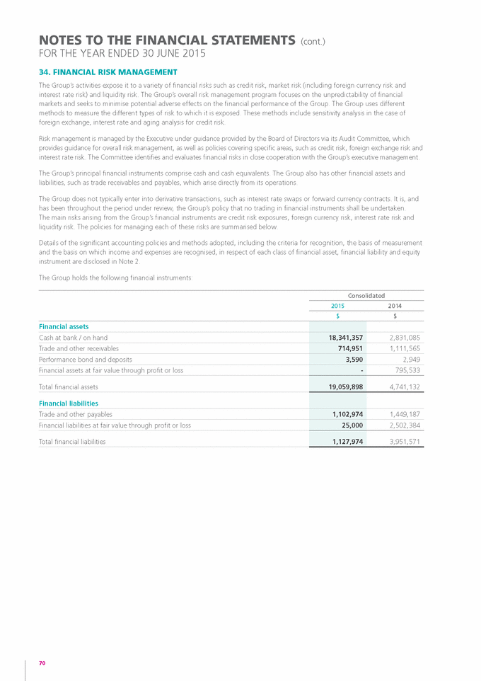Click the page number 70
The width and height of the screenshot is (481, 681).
tap(42, 663)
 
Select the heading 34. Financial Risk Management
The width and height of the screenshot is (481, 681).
tap(108, 72)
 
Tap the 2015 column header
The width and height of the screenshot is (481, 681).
tap(338, 306)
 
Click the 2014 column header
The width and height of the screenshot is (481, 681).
tap(395, 306)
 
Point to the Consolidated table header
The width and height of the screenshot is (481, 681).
tap(366, 295)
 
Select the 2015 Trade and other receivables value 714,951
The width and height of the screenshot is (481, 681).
tap(347, 348)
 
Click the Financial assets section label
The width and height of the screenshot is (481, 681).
tap(64, 326)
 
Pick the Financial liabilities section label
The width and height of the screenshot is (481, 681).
tap(69, 403)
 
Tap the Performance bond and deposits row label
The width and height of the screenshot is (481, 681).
tap(82, 359)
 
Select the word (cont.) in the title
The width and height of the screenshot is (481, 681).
tap(313, 42)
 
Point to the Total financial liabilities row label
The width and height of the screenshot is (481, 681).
tap(72, 441)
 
